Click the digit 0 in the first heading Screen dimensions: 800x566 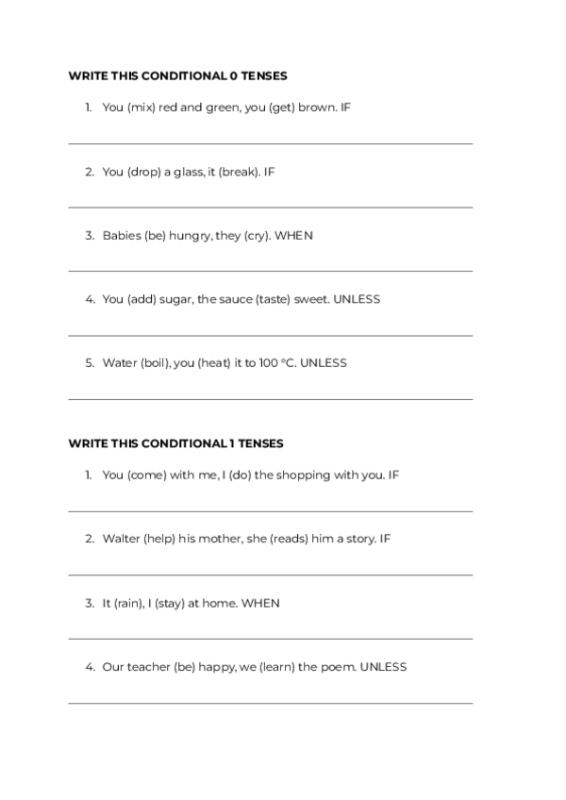click(x=233, y=75)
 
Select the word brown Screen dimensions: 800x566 click(x=317, y=108)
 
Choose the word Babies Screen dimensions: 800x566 click(x=122, y=236)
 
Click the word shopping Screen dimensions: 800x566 click(x=306, y=475)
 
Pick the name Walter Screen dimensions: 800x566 click(x=121, y=540)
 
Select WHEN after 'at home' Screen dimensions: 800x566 click(x=260, y=603)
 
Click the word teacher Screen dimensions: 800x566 click(x=148, y=667)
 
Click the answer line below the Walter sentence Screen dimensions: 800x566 click(x=270, y=575)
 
